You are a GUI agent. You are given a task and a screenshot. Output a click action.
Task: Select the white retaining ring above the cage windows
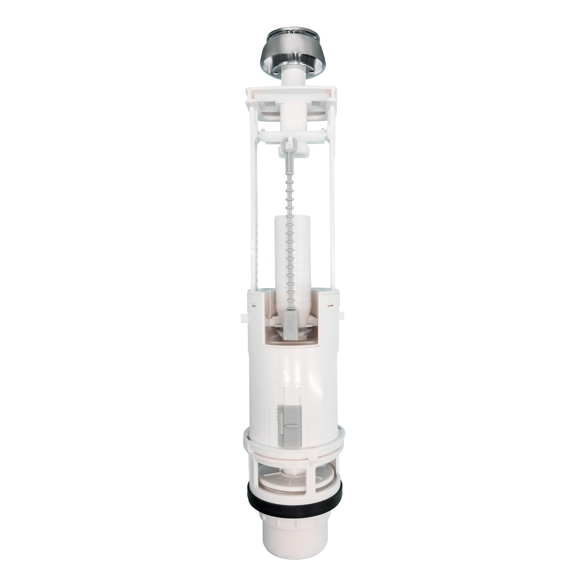pos(293,441)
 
